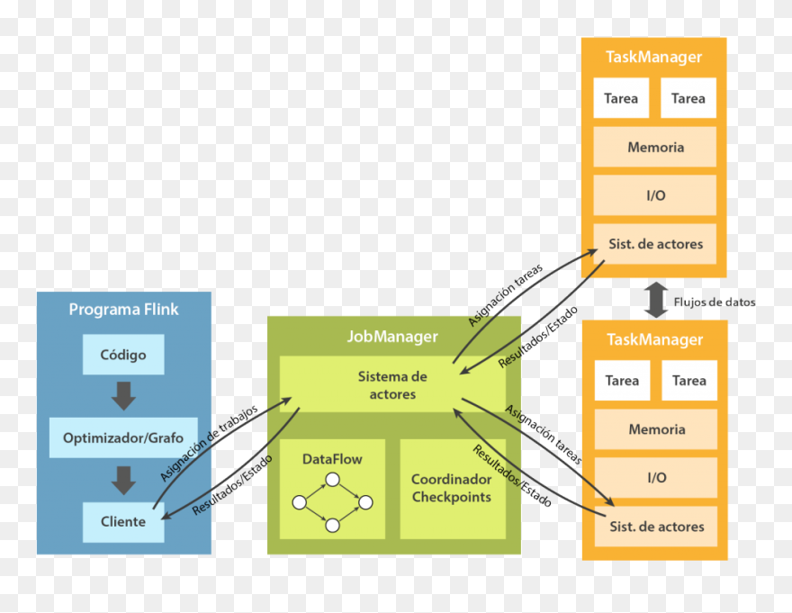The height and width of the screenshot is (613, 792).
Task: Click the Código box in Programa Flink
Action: click(123, 355)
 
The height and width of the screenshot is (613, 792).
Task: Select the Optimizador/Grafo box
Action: click(123, 438)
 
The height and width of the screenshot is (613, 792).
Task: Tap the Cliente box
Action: click(123, 522)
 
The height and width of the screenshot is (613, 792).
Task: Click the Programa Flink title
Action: click(123, 310)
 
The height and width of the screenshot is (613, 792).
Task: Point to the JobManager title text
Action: click(392, 337)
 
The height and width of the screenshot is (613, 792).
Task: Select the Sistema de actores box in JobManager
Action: click(392, 385)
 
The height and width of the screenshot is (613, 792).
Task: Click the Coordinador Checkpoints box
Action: click(452, 489)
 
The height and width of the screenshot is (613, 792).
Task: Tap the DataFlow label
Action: click(332, 459)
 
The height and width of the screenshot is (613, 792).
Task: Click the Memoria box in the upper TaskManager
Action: click(655, 148)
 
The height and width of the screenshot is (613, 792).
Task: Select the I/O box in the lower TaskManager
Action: click(656, 478)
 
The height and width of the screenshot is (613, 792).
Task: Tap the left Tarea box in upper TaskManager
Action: click(621, 98)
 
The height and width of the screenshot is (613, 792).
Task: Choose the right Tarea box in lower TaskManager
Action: click(689, 381)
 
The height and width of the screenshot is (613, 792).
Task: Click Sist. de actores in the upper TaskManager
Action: click(655, 244)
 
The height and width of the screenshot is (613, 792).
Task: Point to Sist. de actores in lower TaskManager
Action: click(656, 527)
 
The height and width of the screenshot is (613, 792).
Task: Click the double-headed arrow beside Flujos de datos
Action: click(656, 300)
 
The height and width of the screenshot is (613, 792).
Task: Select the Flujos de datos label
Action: click(715, 302)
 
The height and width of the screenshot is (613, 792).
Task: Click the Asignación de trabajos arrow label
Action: click(209, 441)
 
